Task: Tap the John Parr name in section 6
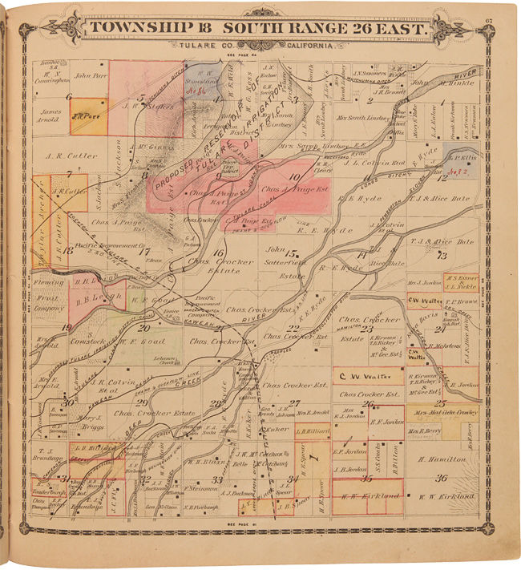click(90, 77)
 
